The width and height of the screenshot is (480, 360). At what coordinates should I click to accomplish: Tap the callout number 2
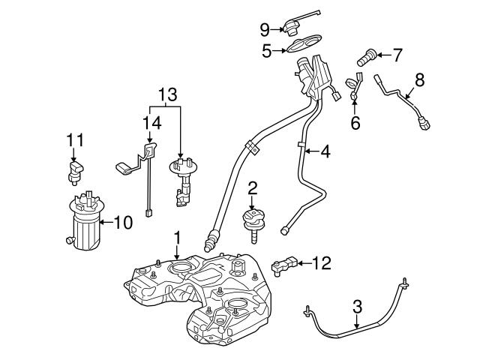[253, 187]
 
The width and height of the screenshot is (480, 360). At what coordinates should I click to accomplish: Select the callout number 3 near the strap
[357, 306]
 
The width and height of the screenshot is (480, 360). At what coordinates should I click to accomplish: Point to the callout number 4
[325, 150]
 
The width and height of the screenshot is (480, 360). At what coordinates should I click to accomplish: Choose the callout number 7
[397, 54]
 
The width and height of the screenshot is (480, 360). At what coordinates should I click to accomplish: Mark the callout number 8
[419, 79]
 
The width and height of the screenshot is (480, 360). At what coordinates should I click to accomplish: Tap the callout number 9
[265, 29]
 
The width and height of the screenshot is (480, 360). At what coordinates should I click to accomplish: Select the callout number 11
[73, 140]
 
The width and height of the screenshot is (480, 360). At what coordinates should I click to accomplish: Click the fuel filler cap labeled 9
[292, 27]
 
